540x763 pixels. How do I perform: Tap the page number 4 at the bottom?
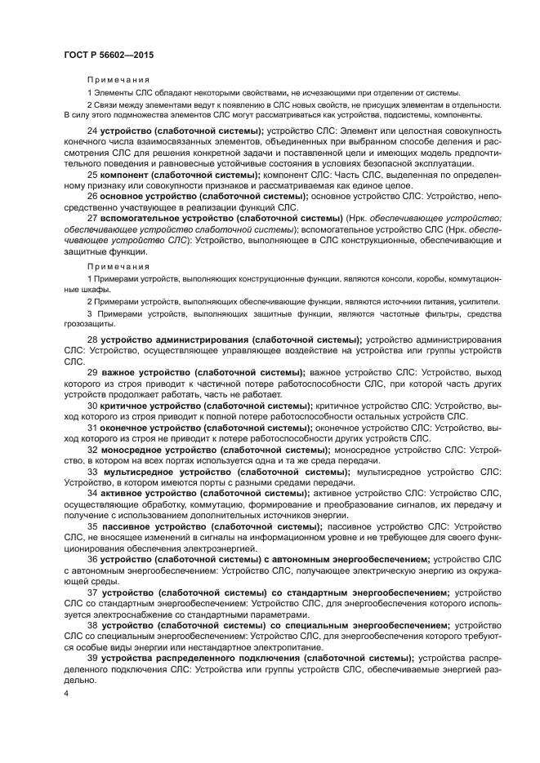click(x=66, y=693)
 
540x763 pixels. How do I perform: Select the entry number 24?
click(x=92, y=131)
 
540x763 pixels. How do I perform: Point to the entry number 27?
click(x=92, y=219)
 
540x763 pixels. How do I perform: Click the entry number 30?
click(x=92, y=406)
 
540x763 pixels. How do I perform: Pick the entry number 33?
click(x=92, y=472)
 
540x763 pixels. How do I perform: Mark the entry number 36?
click(x=92, y=559)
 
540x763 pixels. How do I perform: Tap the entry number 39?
click(x=92, y=658)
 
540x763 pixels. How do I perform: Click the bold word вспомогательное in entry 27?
click(x=142, y=219)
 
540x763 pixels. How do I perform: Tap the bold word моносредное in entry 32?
click(x=136, y=450)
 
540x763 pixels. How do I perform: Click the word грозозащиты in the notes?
click(x=91, y=324)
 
